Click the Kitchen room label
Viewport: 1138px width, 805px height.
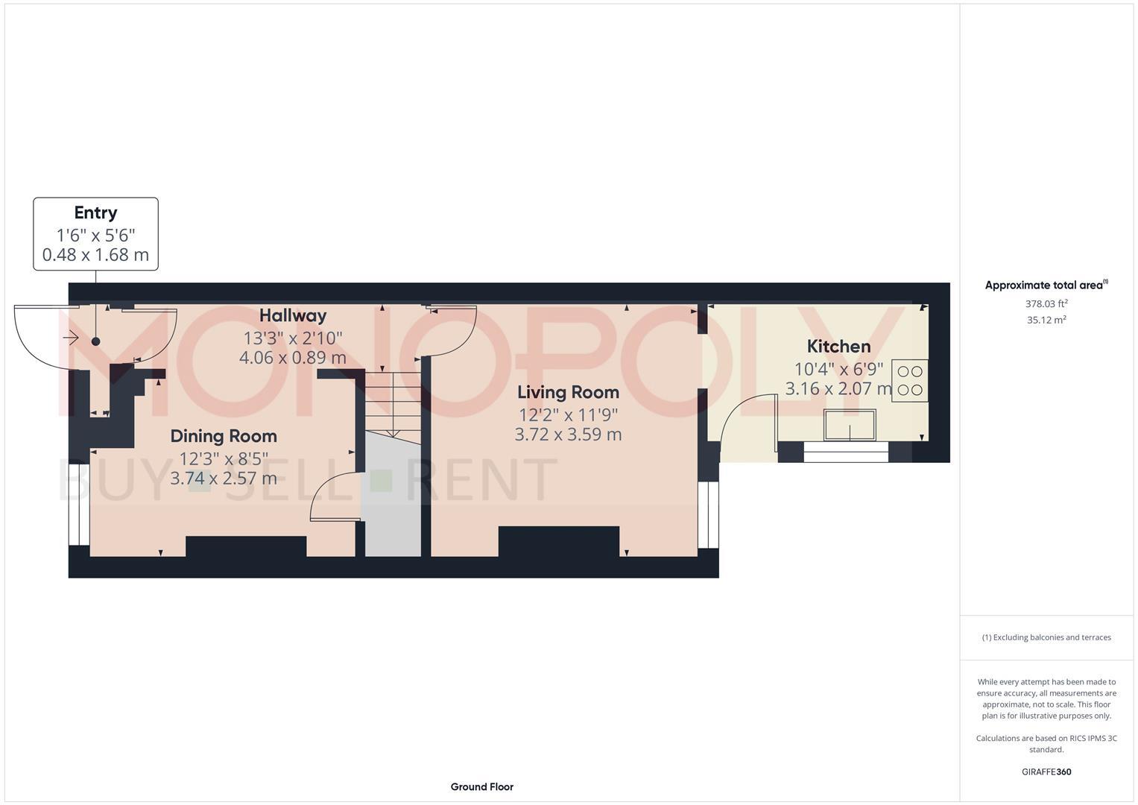838,347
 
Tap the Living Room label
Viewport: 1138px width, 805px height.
568,392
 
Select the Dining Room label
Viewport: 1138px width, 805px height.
223,436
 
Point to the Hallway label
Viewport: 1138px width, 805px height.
293,315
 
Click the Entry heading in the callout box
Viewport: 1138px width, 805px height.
95,213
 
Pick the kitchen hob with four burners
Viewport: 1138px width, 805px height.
909,381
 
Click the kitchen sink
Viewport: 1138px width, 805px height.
850,425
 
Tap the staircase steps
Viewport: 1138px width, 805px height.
392,402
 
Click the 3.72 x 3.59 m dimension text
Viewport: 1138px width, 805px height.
568,434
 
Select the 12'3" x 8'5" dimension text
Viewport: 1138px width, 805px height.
223,458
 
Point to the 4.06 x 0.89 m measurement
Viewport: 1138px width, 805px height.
293,358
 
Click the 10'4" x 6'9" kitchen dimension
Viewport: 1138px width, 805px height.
838,368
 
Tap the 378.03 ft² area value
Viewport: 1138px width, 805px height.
1046,304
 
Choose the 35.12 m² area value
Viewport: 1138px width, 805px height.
1046,321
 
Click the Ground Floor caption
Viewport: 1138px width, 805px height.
481,786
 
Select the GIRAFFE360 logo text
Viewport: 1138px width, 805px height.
1046,771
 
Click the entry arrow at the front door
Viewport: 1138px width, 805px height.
72,338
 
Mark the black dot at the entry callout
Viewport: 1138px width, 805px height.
95,341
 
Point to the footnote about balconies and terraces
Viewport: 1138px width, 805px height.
1046,637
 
